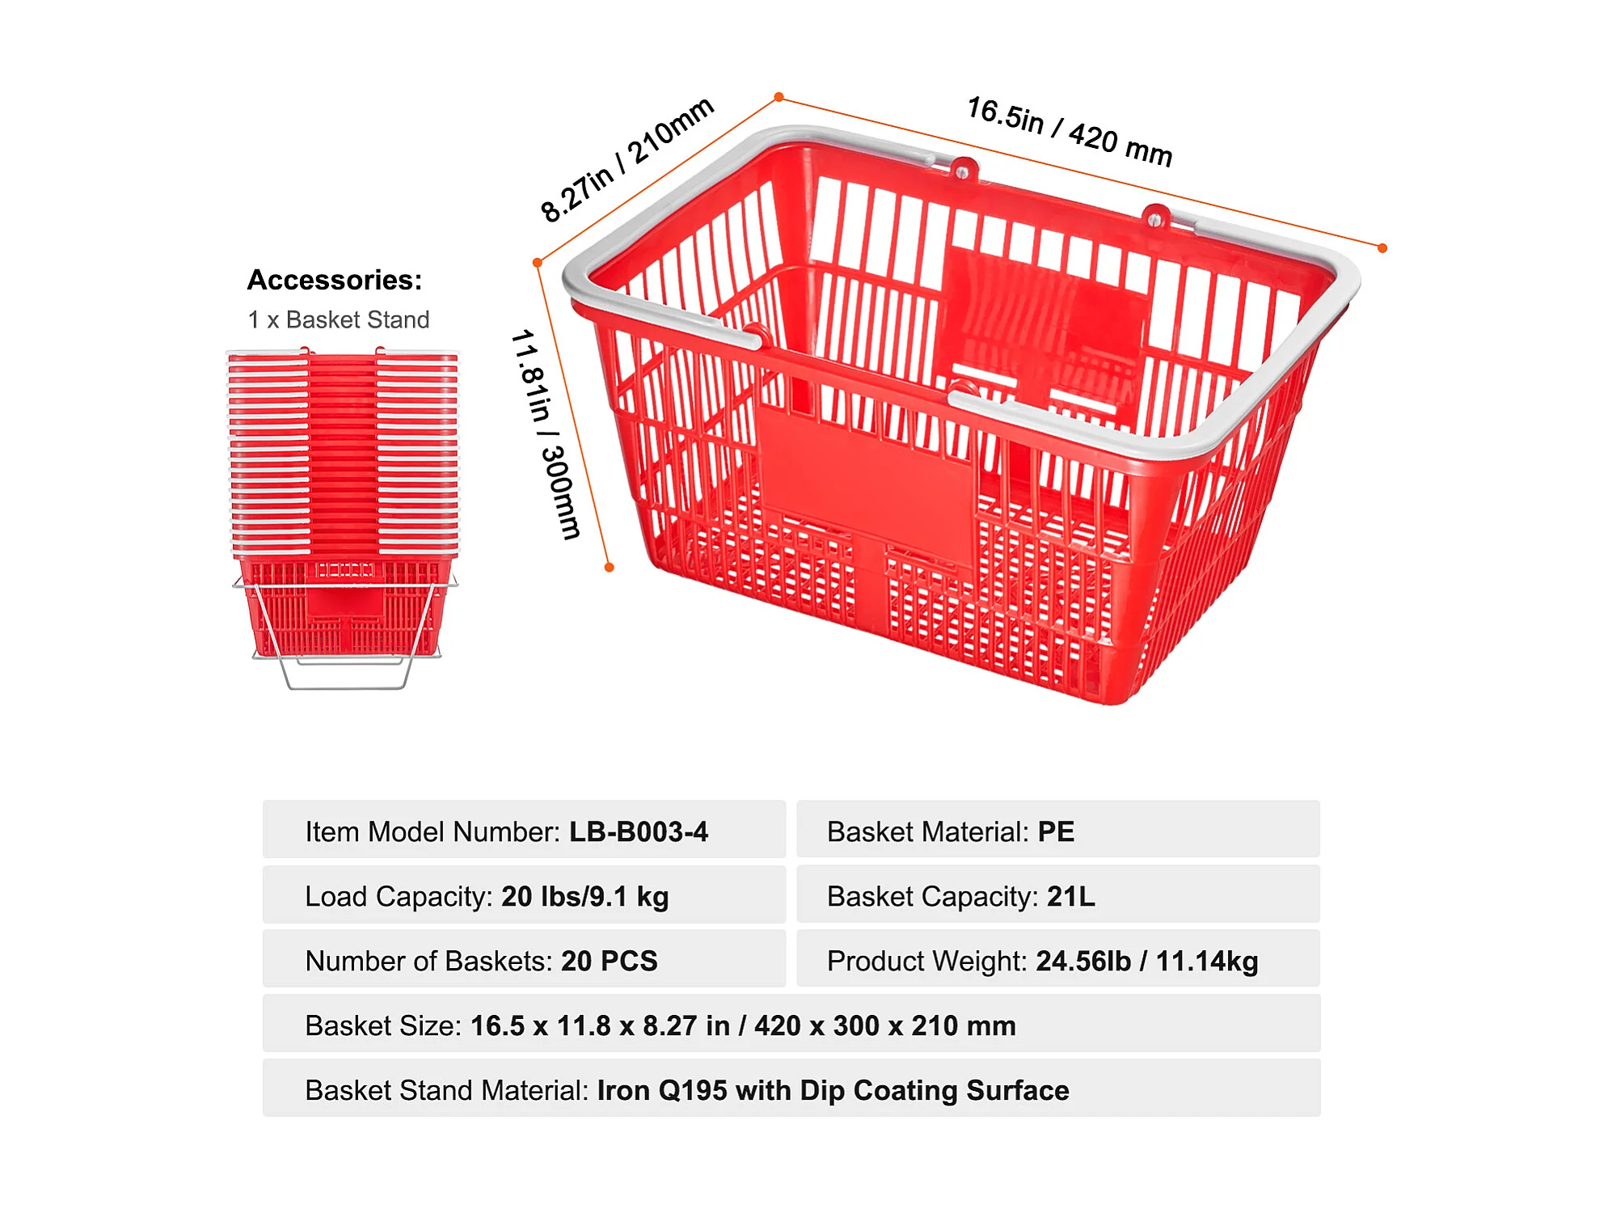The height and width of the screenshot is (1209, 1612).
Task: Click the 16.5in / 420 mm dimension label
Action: [x=1069, y=132]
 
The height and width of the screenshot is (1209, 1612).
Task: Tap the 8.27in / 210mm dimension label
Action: [x=627, y=159]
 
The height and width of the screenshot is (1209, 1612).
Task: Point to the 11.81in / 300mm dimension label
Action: [x=545, y=433]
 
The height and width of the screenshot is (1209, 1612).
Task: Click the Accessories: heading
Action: [x=335, y=280]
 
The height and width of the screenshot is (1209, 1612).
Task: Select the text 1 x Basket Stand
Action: [x=338, y=320]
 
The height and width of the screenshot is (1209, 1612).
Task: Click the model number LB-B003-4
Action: [x=638, y=831]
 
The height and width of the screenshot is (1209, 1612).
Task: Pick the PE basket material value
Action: [x=1056, y=831]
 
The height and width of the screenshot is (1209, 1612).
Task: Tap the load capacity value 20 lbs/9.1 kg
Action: [x=584, y=896]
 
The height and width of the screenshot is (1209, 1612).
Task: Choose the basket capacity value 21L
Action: [x=1070, y=896]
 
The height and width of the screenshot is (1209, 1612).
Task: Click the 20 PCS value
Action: [x=609, y=961]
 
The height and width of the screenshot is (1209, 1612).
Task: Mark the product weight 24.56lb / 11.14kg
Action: [x=1146, y=961]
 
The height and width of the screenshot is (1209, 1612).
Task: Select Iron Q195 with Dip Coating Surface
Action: [x=833, y=1090]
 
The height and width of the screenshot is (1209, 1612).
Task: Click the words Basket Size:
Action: [x=382, y=1025]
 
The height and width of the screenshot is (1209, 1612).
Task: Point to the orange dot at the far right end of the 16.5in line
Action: [x=1382, y=248]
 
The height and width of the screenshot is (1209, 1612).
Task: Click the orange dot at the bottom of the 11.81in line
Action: [x=610, y=568]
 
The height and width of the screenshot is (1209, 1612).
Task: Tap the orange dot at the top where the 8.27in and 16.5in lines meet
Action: [x=779, y=97]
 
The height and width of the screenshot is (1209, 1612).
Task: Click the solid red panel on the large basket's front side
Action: [x=865, y=477]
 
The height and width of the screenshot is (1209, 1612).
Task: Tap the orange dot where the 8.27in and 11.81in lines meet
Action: [x=538, y=263]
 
